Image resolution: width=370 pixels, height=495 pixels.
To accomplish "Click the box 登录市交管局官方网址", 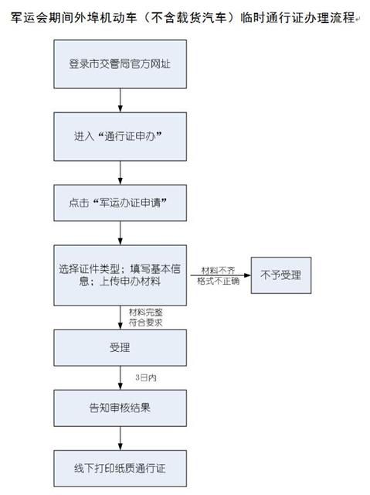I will pyautogui.click(x=119, y=63).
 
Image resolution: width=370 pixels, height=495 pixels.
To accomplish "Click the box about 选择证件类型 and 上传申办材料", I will pyautogui.click(x=119, y=275).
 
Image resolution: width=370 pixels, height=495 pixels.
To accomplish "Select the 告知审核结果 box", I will pyautogui.click(x=119, y=407).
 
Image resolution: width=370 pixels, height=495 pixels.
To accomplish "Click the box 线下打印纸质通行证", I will pyautogui.click(x=119, y=466).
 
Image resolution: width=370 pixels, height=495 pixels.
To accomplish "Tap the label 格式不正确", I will pyautogui.click(x=216, y=282).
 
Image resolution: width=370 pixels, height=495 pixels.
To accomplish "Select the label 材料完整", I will pyautogui.click(x=144, y=311).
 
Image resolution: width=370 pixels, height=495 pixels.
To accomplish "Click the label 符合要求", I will pyautogui.click(x=144, y=321).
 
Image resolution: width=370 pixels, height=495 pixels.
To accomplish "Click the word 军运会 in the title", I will pyautogui.click(x=29, y=16).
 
